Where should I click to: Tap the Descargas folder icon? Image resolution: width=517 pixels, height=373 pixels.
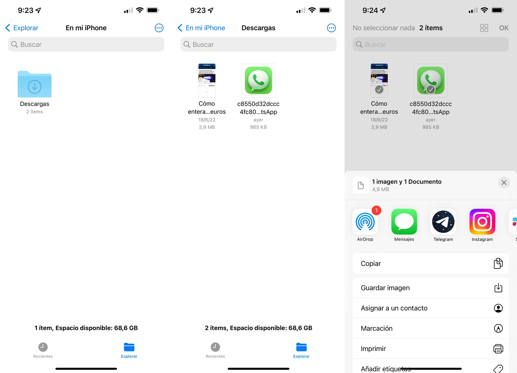point(34,84)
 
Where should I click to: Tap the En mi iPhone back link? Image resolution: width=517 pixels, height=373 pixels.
point(201,28)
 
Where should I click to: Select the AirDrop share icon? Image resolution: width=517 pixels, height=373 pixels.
point(365,222)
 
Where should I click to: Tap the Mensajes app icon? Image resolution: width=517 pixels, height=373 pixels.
point(404,222)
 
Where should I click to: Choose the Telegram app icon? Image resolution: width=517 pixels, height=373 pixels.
point(443,222)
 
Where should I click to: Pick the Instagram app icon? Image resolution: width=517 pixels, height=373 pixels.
point(482,222)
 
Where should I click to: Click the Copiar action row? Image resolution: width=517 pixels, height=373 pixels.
point(430,264)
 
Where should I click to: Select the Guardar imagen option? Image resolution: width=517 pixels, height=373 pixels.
point(430,288)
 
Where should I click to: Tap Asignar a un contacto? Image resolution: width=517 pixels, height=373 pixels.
point(430,308)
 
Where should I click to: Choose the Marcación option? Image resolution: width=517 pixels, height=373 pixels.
point(430,328)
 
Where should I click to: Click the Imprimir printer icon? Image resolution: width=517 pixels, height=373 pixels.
point(498,349)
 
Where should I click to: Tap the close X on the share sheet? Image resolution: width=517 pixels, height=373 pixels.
point(504,183)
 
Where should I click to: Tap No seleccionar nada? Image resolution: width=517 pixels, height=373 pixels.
point(383,28)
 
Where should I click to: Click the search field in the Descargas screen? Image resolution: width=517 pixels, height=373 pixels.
point(258,45)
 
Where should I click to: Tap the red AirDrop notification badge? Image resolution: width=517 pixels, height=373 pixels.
point(376,211)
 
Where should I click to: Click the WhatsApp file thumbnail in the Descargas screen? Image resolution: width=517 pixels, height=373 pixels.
point(258,81)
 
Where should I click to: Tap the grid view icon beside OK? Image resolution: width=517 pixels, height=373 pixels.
point(484,28)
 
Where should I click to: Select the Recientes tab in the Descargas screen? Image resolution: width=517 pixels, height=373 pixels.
point(215,350)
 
